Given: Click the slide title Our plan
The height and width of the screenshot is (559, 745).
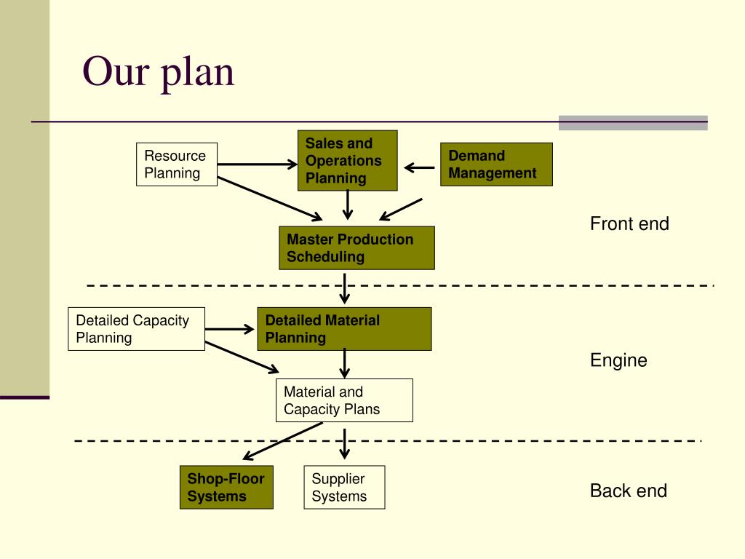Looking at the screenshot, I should point(159,72).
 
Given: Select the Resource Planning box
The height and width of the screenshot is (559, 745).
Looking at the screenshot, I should point(177,164).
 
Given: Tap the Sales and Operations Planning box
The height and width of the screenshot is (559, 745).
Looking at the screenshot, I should point(347,161).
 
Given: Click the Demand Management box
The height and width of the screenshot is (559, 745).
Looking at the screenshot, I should point(496,164).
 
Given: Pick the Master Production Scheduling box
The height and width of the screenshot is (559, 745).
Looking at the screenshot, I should point(356,248).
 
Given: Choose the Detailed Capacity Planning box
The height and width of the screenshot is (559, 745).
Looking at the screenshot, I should point(137,329).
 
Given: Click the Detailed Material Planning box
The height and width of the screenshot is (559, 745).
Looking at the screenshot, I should point(344,329).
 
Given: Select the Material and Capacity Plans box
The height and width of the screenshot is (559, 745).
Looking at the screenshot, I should point(344,400).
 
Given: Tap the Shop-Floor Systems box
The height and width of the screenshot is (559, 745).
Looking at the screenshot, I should point(226,488).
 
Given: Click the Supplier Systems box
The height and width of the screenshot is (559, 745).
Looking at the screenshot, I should point(343,488).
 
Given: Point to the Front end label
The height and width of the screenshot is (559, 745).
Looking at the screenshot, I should point(629,224).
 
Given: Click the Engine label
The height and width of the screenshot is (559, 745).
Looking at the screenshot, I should point(618,360).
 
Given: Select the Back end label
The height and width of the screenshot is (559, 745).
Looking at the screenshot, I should point(629,491).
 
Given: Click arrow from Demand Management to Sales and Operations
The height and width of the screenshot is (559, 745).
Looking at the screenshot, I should point(420,168).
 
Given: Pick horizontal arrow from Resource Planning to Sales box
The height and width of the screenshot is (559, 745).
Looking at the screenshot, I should point(258,164).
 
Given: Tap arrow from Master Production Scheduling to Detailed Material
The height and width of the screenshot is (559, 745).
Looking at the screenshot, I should point(345,288).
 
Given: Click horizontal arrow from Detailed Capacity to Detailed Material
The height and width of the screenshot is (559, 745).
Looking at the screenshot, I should point(230,329).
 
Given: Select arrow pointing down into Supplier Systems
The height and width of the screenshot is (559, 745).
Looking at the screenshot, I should point(345,444).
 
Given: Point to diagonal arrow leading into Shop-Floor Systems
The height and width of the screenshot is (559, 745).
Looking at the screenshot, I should point(282,442).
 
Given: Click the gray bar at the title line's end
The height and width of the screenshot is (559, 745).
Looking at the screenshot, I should point(633,122).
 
